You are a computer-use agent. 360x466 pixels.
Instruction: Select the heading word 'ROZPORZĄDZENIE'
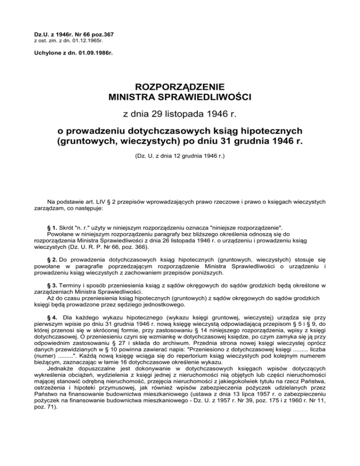click(x=180, y=87)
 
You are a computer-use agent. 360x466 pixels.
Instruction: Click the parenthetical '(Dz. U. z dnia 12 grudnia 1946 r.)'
click(x=180, y=153)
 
